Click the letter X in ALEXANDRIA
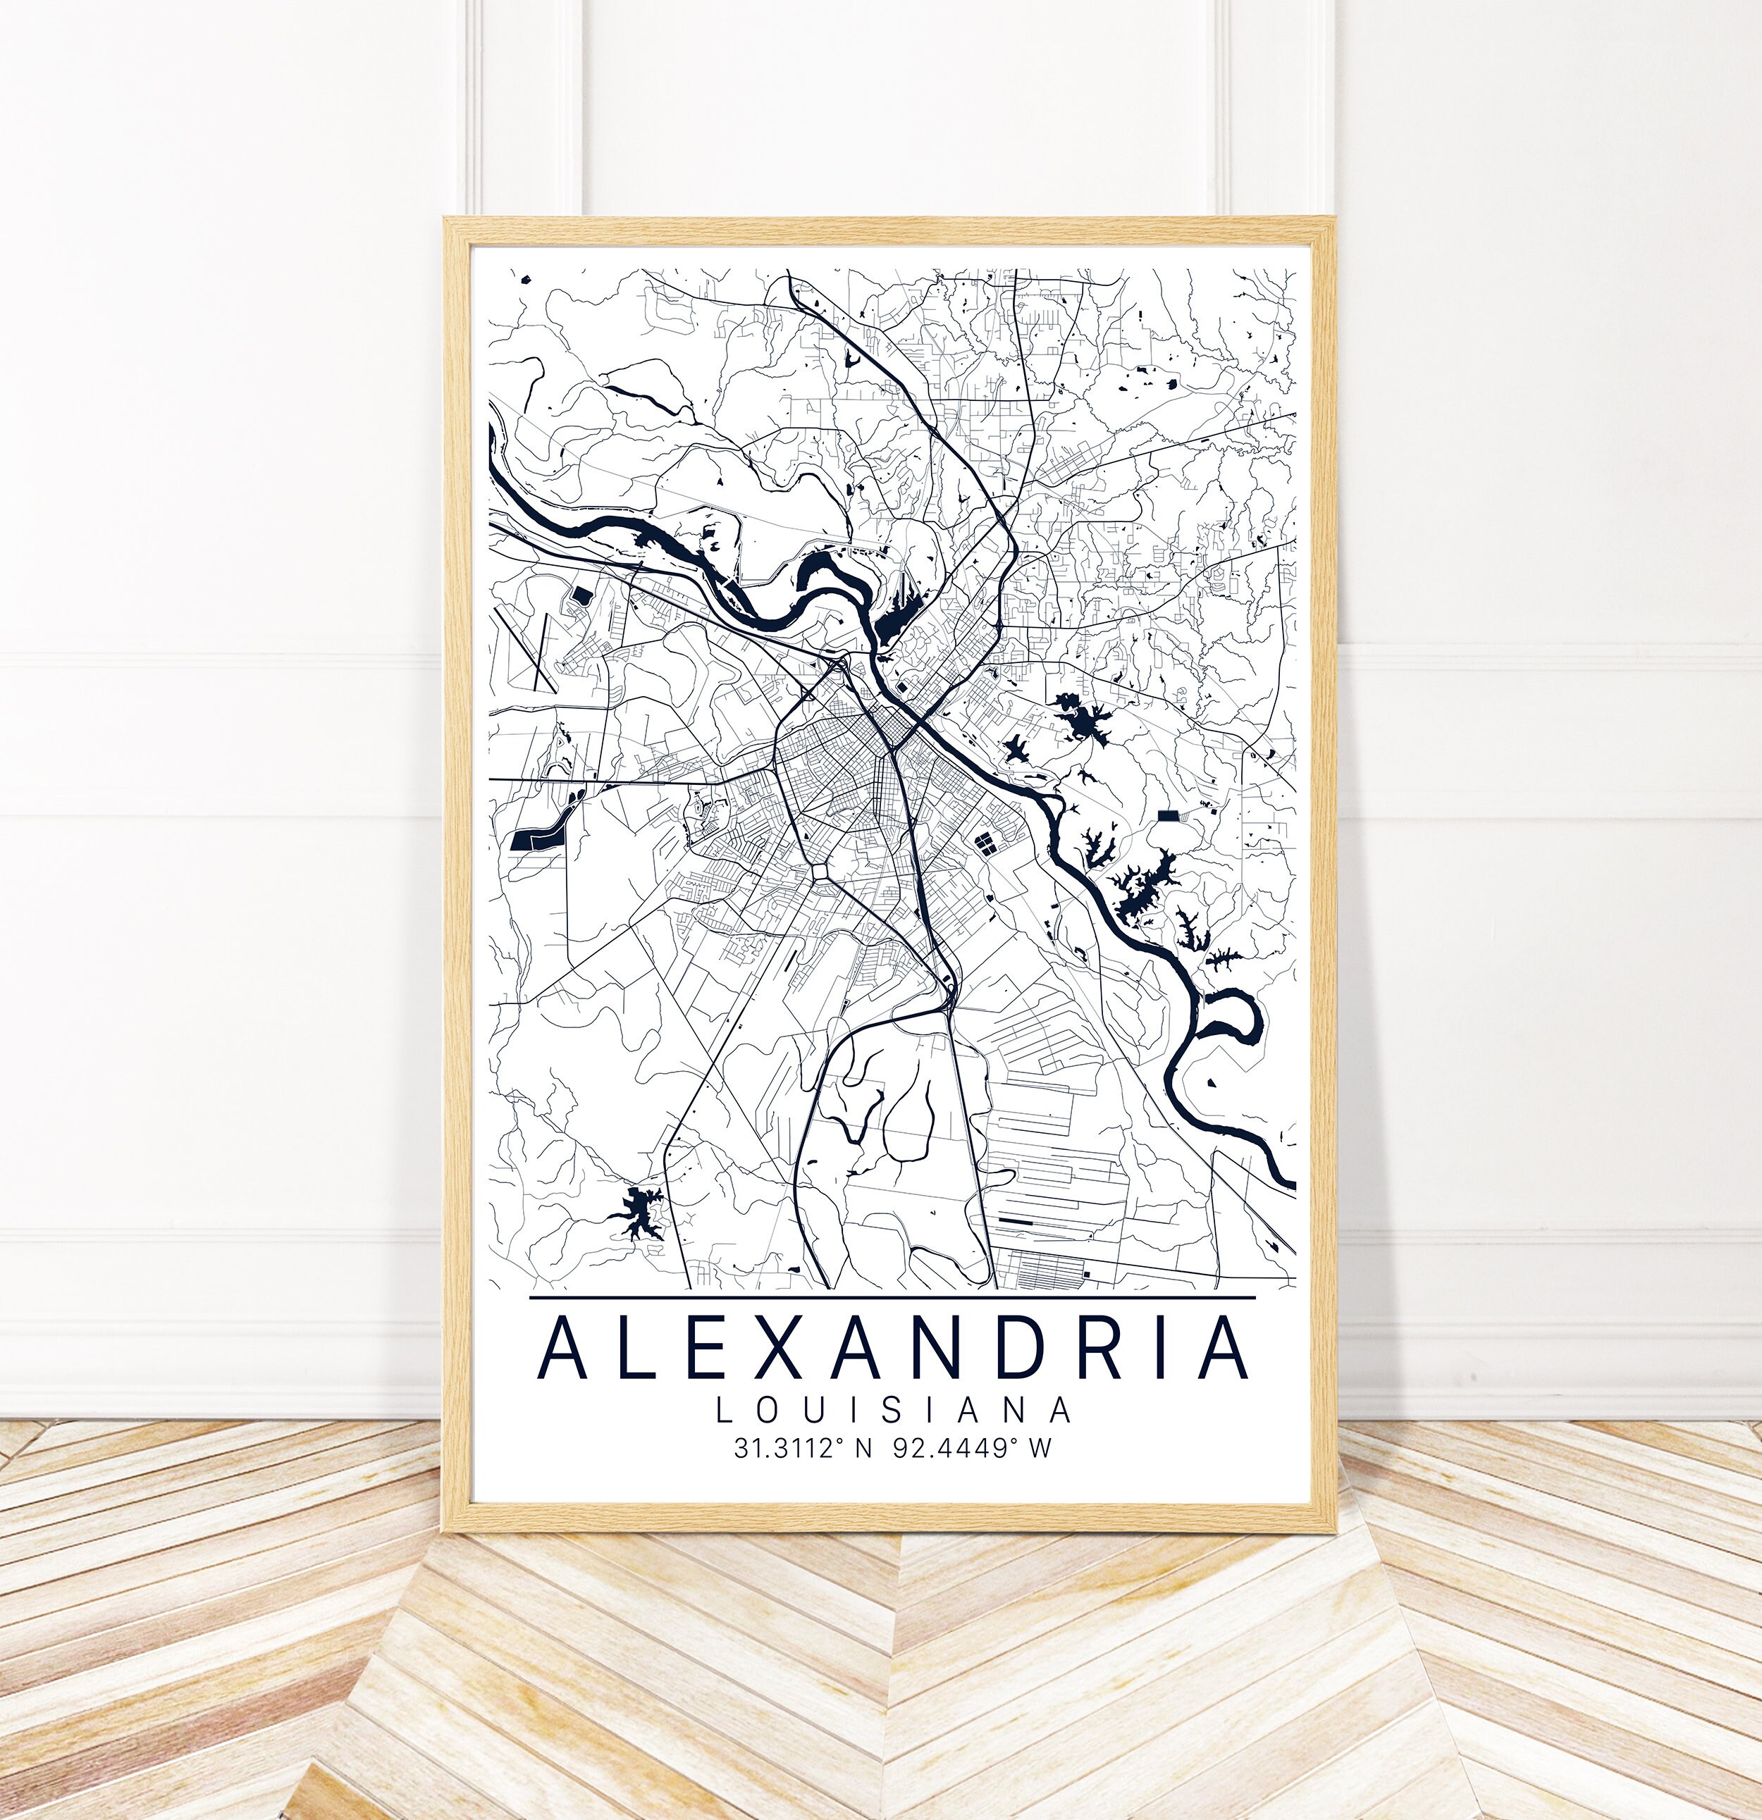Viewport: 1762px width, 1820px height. coord(787,1347)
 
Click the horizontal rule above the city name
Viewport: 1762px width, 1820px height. coord(892,1297)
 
